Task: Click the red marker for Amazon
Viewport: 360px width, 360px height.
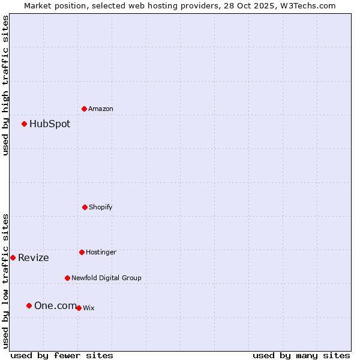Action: (84, 109)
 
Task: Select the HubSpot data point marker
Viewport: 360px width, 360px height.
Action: (24, 124)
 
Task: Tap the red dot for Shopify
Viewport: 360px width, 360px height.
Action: (85, 207)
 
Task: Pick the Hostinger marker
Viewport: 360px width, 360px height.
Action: (82, 252)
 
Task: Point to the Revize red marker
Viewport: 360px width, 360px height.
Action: (13, 257)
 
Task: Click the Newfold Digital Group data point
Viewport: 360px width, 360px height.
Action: (67, 278)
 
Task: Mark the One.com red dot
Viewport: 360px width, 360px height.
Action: (29, 305)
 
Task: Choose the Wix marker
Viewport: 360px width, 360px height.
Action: (79, 308)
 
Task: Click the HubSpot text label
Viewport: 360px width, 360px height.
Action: (50, 124)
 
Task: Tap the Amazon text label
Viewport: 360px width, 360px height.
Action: (101, 109)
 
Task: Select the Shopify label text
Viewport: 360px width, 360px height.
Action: (101, 207)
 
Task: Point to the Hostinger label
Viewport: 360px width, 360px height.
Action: (101, 252)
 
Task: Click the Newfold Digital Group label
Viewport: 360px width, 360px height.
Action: (106, 278)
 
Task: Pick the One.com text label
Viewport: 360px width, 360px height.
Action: (55, 305)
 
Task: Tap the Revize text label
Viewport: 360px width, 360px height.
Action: (34, 258)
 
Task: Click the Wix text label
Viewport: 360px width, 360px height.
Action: (89, 308)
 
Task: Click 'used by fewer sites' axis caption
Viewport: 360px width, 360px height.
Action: (62, 355)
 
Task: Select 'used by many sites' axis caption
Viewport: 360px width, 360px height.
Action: (301, 355)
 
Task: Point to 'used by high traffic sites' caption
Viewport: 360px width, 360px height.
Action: (5, 85)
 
